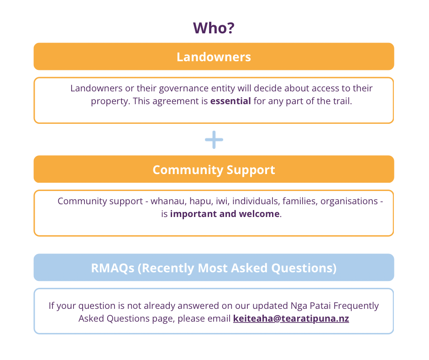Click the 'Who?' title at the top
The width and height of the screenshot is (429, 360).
tap(214, 28)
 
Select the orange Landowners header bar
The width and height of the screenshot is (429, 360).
tap(214, 57)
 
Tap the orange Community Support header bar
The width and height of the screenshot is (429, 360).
tap(214, 169)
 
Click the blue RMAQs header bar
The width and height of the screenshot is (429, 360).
tap(214, 268)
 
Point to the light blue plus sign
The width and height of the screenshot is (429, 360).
tap(214, 140)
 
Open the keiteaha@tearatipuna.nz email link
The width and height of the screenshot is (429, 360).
tap(291, 318)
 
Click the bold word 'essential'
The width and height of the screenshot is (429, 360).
tap(230, 101)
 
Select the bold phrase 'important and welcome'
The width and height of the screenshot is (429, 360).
tap(225, 214)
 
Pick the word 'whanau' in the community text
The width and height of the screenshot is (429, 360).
tap(167, 201)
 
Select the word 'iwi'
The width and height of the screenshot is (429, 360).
tap(220, 201)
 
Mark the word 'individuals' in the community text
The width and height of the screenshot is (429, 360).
tap(254, 201)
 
